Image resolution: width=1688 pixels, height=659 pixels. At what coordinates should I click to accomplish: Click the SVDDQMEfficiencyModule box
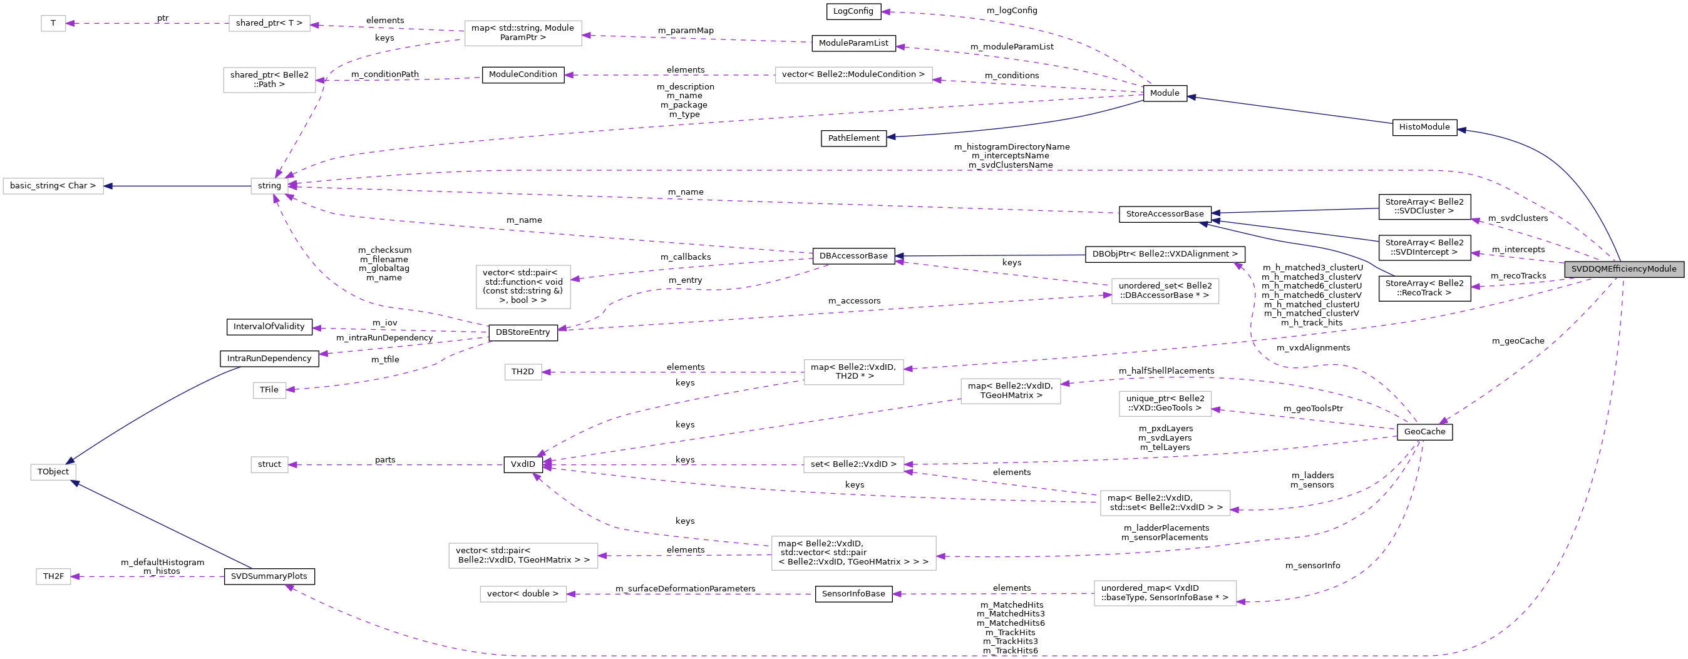pyautogui.click(x=1624, y=269)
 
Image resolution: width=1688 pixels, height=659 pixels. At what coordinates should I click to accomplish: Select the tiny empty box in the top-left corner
pyautogui.click(x=53, y=24)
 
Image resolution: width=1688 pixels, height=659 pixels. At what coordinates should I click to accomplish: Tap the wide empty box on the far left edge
pyautogui.click(x=53, y=186)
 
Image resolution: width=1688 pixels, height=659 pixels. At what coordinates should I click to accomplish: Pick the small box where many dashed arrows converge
pyautogui.click(x=269, y=186)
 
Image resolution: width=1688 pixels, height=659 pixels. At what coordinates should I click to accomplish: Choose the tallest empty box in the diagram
pyautogui.click(x=523, y=287)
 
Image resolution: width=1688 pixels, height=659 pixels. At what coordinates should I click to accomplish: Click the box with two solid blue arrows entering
pyautogui.click(x=53, y=473)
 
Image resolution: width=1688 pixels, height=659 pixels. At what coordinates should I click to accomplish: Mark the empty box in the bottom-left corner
pyautogui.click(x=53, y=576)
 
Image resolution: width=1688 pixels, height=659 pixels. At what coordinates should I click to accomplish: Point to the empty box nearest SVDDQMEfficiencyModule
pyautogui.click(x=1165, y=291)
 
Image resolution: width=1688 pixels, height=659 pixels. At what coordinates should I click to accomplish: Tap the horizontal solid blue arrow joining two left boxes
pyautogui.click(x=177, y=186)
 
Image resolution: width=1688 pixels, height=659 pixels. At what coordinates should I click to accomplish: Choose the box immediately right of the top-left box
pyautogui.click(x=269, y=24)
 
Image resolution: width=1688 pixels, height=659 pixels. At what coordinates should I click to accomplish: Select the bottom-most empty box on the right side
pyautogui.click(x=1165, y=593)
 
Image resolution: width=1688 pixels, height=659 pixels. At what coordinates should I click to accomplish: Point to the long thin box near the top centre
pyautogui.click(x=853, y=75)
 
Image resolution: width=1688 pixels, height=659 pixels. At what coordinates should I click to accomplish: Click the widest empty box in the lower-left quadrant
pyautogui.click(x=523, y=556)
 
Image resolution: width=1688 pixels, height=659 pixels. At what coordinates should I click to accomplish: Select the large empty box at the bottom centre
pyautogui.click(x=853, y=553)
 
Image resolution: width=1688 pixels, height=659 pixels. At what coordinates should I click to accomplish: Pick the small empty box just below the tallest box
pyautogui.click(x=523, y=372)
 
